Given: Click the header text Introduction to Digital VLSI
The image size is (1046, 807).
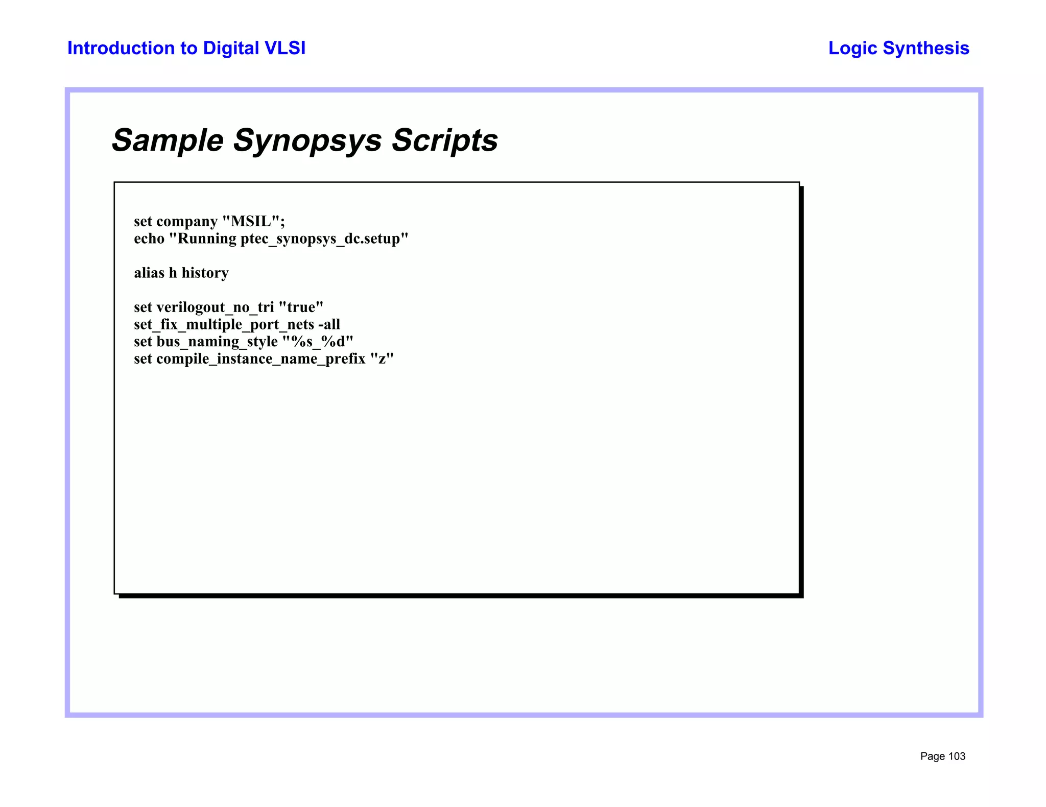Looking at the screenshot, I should (186, 48).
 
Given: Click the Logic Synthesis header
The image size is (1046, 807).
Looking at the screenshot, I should (898, 48).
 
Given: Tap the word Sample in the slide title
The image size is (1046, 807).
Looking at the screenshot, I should (168, 140).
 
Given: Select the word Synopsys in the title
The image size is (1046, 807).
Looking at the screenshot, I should (307, 140).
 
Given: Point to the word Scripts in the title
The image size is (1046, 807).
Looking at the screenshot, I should (444, 140).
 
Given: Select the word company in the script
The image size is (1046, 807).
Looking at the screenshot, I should (187, 221).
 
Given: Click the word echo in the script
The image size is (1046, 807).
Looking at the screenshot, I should (149, 239).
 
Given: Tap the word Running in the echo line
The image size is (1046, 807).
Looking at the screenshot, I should (207, 239).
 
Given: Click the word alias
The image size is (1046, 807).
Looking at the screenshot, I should (149, 273).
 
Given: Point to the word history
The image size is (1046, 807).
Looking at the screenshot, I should (205, 273).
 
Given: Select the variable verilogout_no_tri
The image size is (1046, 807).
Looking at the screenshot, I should (215, 307).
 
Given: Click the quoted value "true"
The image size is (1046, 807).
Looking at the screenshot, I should (301, 307).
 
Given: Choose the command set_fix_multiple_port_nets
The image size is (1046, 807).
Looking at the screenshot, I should (224, 324).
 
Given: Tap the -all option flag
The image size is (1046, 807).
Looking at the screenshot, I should (329, 324).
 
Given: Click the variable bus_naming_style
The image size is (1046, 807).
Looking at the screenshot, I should (217, 341).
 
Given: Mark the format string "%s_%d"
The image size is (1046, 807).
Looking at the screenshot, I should (318, 341).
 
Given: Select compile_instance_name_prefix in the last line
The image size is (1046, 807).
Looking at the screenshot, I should (260, 359).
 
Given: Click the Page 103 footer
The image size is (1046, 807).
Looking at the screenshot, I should (942, 756).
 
